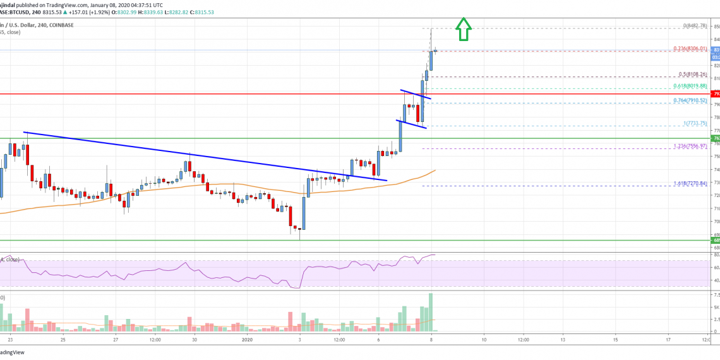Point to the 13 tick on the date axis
pos(562,340)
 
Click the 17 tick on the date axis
pos(668,340)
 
